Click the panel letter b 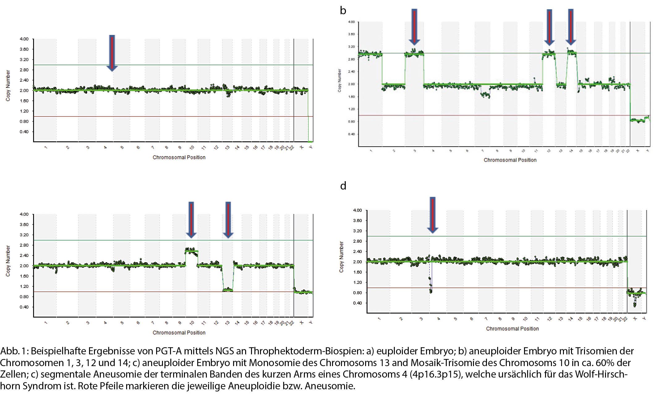[x=343, y=11]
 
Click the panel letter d [x=343, y=186]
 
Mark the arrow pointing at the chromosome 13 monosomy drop [x=228, y=220]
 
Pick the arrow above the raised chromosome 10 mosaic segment [x=191, y=220]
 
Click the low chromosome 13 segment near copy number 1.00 [x=228, y=290]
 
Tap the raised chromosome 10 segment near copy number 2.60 [x=192, y=251]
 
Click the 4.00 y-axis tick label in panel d [x=357, y=210]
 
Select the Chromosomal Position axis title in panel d [x=512, y=329]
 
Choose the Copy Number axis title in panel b [x=339, y=80]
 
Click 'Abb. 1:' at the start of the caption [x=14, y=351]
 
